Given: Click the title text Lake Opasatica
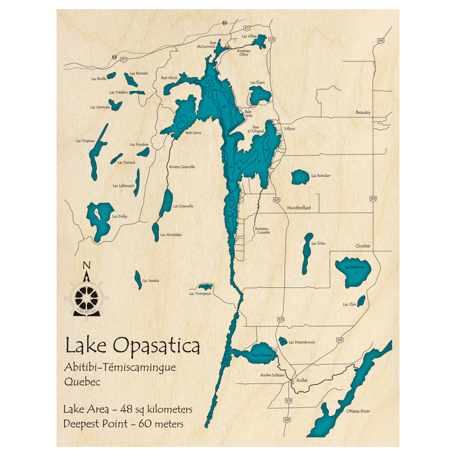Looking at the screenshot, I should (x=132, y=346).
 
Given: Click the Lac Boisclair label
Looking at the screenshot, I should (x=321, y=176).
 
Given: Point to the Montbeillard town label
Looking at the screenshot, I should (x=299, y=208).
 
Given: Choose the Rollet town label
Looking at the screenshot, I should (x=302, y=380).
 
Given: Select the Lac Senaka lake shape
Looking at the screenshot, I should (x=138, y=280).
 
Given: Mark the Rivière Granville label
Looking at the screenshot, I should (x=182, y=167).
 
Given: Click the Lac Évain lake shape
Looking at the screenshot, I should (x=259, y=96).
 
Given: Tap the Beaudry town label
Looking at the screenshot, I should (x=363, y=112).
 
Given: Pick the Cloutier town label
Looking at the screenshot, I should (x=363, y=246).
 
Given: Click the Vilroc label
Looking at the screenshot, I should (x=290, y=129).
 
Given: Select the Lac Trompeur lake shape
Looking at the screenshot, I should (x=205, y=287).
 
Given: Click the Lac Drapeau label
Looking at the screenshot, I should (x=85, y=141).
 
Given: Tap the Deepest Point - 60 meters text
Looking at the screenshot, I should (x=124, y=424).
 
